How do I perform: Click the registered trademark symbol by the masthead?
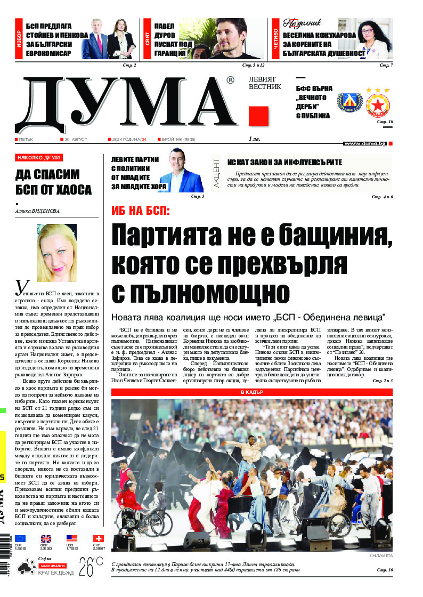230,80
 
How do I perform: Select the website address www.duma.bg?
365,143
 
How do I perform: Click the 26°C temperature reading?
91,567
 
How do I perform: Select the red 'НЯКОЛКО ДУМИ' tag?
39,157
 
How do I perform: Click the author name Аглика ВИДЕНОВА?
38,211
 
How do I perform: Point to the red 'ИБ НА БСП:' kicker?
141,210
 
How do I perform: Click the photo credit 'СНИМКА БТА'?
380,556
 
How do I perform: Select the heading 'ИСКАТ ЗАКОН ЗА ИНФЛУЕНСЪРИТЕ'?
284,162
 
